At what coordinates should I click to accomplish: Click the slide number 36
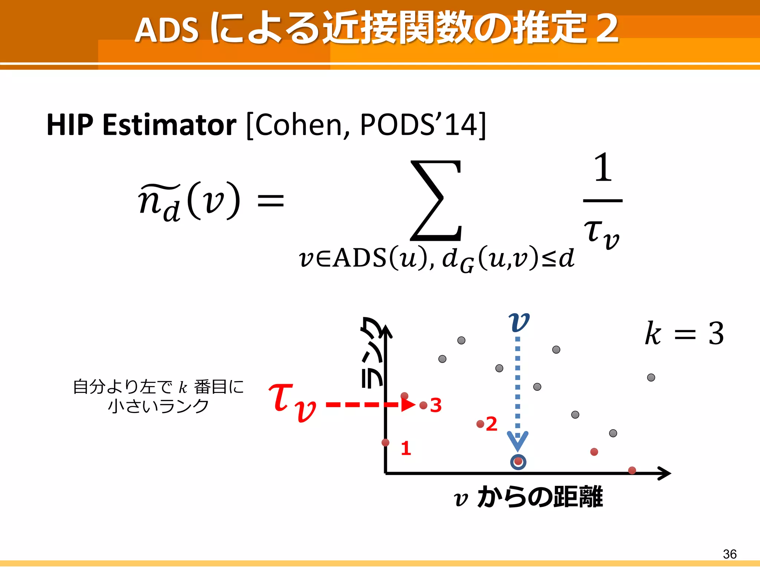tap(730, 554)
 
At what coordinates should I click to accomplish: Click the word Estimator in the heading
tap(169, 125)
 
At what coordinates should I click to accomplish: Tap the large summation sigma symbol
tap(436, 200)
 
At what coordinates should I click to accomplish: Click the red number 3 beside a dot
tap(436, 405)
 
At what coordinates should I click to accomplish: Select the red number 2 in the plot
tap(491, 424)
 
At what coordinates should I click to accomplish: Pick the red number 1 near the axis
tap(406, 448)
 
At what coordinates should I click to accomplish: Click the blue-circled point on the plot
tap(518, 462)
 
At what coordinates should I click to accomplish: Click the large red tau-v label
tap(292, 402)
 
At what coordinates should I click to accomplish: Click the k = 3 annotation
tap(684, 333)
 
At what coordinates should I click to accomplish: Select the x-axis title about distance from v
tap(528, 497)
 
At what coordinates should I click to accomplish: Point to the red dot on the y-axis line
tap(386, 442)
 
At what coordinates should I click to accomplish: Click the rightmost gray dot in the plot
tap(651, 377)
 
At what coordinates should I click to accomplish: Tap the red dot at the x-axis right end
tap(632, 471)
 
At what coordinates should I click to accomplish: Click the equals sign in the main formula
tap(271, 201)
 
